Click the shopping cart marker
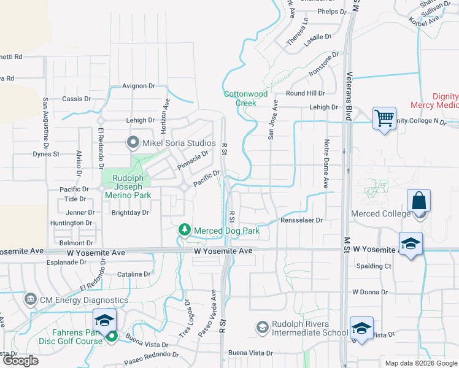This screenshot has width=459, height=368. [384, 117]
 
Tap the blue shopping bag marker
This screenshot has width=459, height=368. [418, 201]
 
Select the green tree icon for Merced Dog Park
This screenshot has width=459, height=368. [184, 229]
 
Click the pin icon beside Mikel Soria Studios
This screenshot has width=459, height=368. [133, 144]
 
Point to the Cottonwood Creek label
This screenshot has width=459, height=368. [245, 98]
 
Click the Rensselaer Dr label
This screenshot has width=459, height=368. [301, 220]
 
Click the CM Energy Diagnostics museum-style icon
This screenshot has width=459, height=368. [30, 300]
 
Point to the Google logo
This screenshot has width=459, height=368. [20, 361]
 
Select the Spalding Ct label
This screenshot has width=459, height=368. [374, 266]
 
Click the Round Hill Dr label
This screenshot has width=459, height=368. [305, 93]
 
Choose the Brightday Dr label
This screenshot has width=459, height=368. [130, 213]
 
